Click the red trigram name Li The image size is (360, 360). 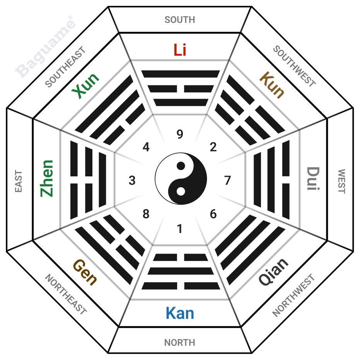180,50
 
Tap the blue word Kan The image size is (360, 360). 180,313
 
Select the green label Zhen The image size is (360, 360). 47,179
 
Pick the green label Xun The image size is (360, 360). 85,86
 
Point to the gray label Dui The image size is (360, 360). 313,179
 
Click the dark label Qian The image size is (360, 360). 273,272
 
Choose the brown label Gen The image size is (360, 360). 85,272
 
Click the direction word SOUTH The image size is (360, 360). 180,20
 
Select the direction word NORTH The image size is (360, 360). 180,343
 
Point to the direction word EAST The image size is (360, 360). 19,181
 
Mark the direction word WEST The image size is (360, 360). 342,181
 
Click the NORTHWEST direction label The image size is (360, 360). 293,295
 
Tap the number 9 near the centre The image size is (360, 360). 180,134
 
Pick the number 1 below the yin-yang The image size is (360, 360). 180,229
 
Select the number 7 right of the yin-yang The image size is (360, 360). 227,180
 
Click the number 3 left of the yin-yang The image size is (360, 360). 132,181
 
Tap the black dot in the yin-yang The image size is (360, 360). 181,166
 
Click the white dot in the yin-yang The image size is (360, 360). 181,191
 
